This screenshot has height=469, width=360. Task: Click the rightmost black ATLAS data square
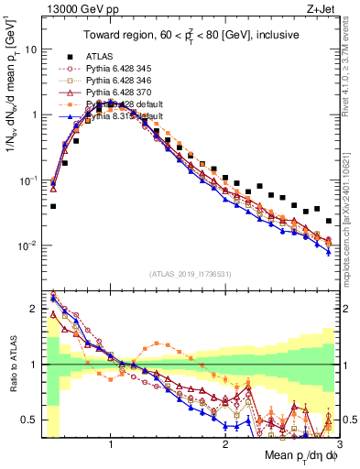coord(329,221)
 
